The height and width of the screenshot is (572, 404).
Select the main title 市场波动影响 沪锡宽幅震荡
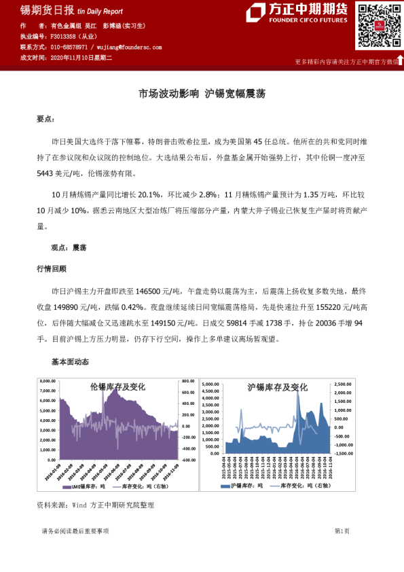(202, 94)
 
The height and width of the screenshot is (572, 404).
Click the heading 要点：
(45, 119)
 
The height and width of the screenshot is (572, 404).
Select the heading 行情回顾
(52, 268)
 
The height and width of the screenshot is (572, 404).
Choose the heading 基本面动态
(70, 361)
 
